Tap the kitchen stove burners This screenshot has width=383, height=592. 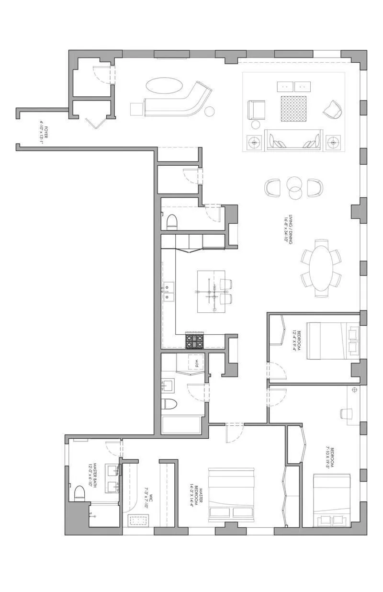[195, 341]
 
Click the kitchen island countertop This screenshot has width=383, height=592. [211, 291]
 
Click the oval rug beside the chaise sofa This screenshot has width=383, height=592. [164, 88]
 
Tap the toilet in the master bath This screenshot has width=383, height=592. [79, 492]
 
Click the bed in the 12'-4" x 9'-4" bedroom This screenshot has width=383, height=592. [333, 341]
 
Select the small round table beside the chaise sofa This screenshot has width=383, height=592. [210, 112]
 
